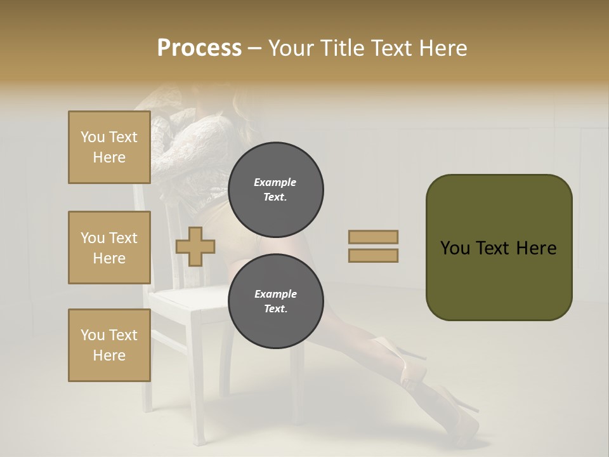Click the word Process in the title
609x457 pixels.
[x=199, y=48]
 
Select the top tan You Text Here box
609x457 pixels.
[x=109, y=147]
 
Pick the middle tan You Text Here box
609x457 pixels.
[x=109, y=248]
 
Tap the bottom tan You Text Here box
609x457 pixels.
[x=109, y=345]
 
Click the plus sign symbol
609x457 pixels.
[x=195, y=246]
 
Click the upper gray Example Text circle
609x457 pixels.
[x=276, y=190]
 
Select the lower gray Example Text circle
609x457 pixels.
[x=276, y=301]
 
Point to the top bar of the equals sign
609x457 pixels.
[x=374, y=237]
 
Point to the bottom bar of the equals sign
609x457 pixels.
[x=374, y=256]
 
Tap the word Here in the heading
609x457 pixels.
[x=441, y=48]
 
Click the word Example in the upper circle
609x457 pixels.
[x=275, y=182]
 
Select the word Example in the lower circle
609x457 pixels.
[x=275, y=294]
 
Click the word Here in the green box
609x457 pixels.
[x=537, y=248]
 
